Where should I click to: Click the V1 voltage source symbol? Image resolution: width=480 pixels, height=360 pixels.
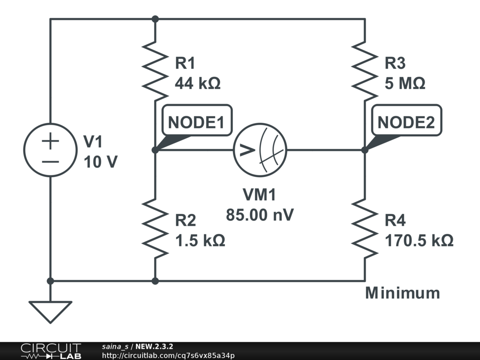(51, 150)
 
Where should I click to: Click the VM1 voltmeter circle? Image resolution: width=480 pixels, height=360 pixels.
(260, 150)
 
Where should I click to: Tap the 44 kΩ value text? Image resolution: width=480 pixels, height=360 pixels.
(197, 83)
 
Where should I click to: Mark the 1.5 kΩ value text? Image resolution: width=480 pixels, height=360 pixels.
(200, 241)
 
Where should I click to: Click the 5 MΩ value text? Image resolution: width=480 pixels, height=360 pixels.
(405, 83)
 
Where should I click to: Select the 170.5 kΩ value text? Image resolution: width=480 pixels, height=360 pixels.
(419, 241)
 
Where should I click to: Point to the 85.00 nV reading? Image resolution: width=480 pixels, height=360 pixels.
(260, 215)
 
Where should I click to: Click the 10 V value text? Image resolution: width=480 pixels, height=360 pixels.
(101, 162)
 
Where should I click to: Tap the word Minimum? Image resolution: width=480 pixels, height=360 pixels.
(403, 293)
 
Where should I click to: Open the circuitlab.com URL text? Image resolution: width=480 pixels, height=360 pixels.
(168, 356)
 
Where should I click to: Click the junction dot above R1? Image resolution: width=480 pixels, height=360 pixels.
(155, 19)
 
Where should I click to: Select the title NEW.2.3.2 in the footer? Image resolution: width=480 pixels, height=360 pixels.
(154, 347)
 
